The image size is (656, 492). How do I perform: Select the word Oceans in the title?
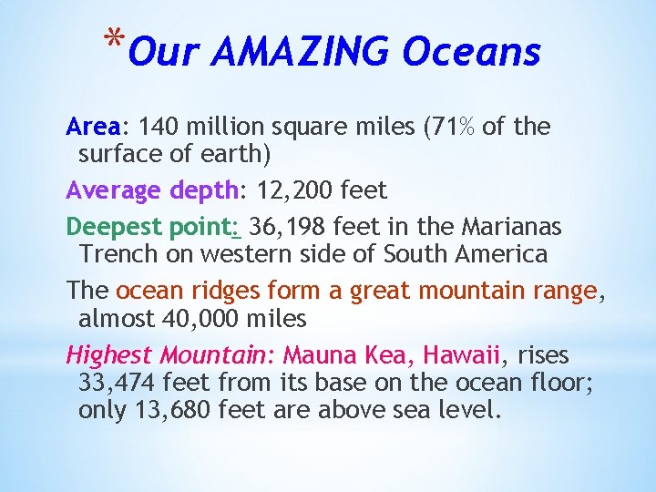471,52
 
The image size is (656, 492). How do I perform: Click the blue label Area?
94,127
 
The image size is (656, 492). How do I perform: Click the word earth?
230,154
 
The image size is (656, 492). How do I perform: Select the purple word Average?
115,190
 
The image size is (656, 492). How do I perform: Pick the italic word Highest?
110,354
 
